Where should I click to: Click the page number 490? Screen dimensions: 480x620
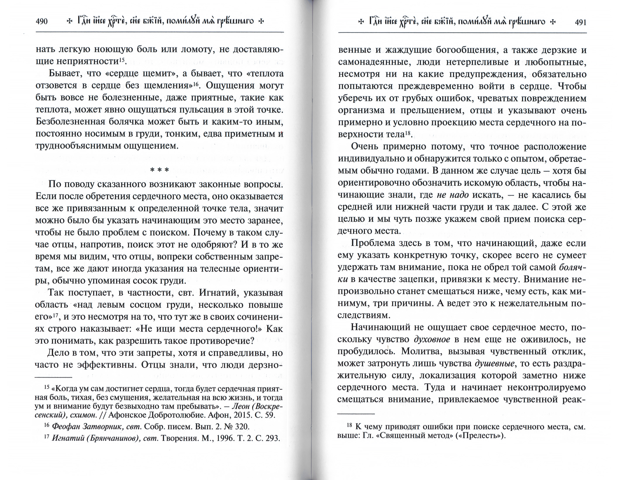click(42, 22)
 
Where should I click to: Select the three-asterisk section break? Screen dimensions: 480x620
click(160, 170)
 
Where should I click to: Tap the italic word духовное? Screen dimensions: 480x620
click(432, 339)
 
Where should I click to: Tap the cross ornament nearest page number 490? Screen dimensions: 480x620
click(69, 22)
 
